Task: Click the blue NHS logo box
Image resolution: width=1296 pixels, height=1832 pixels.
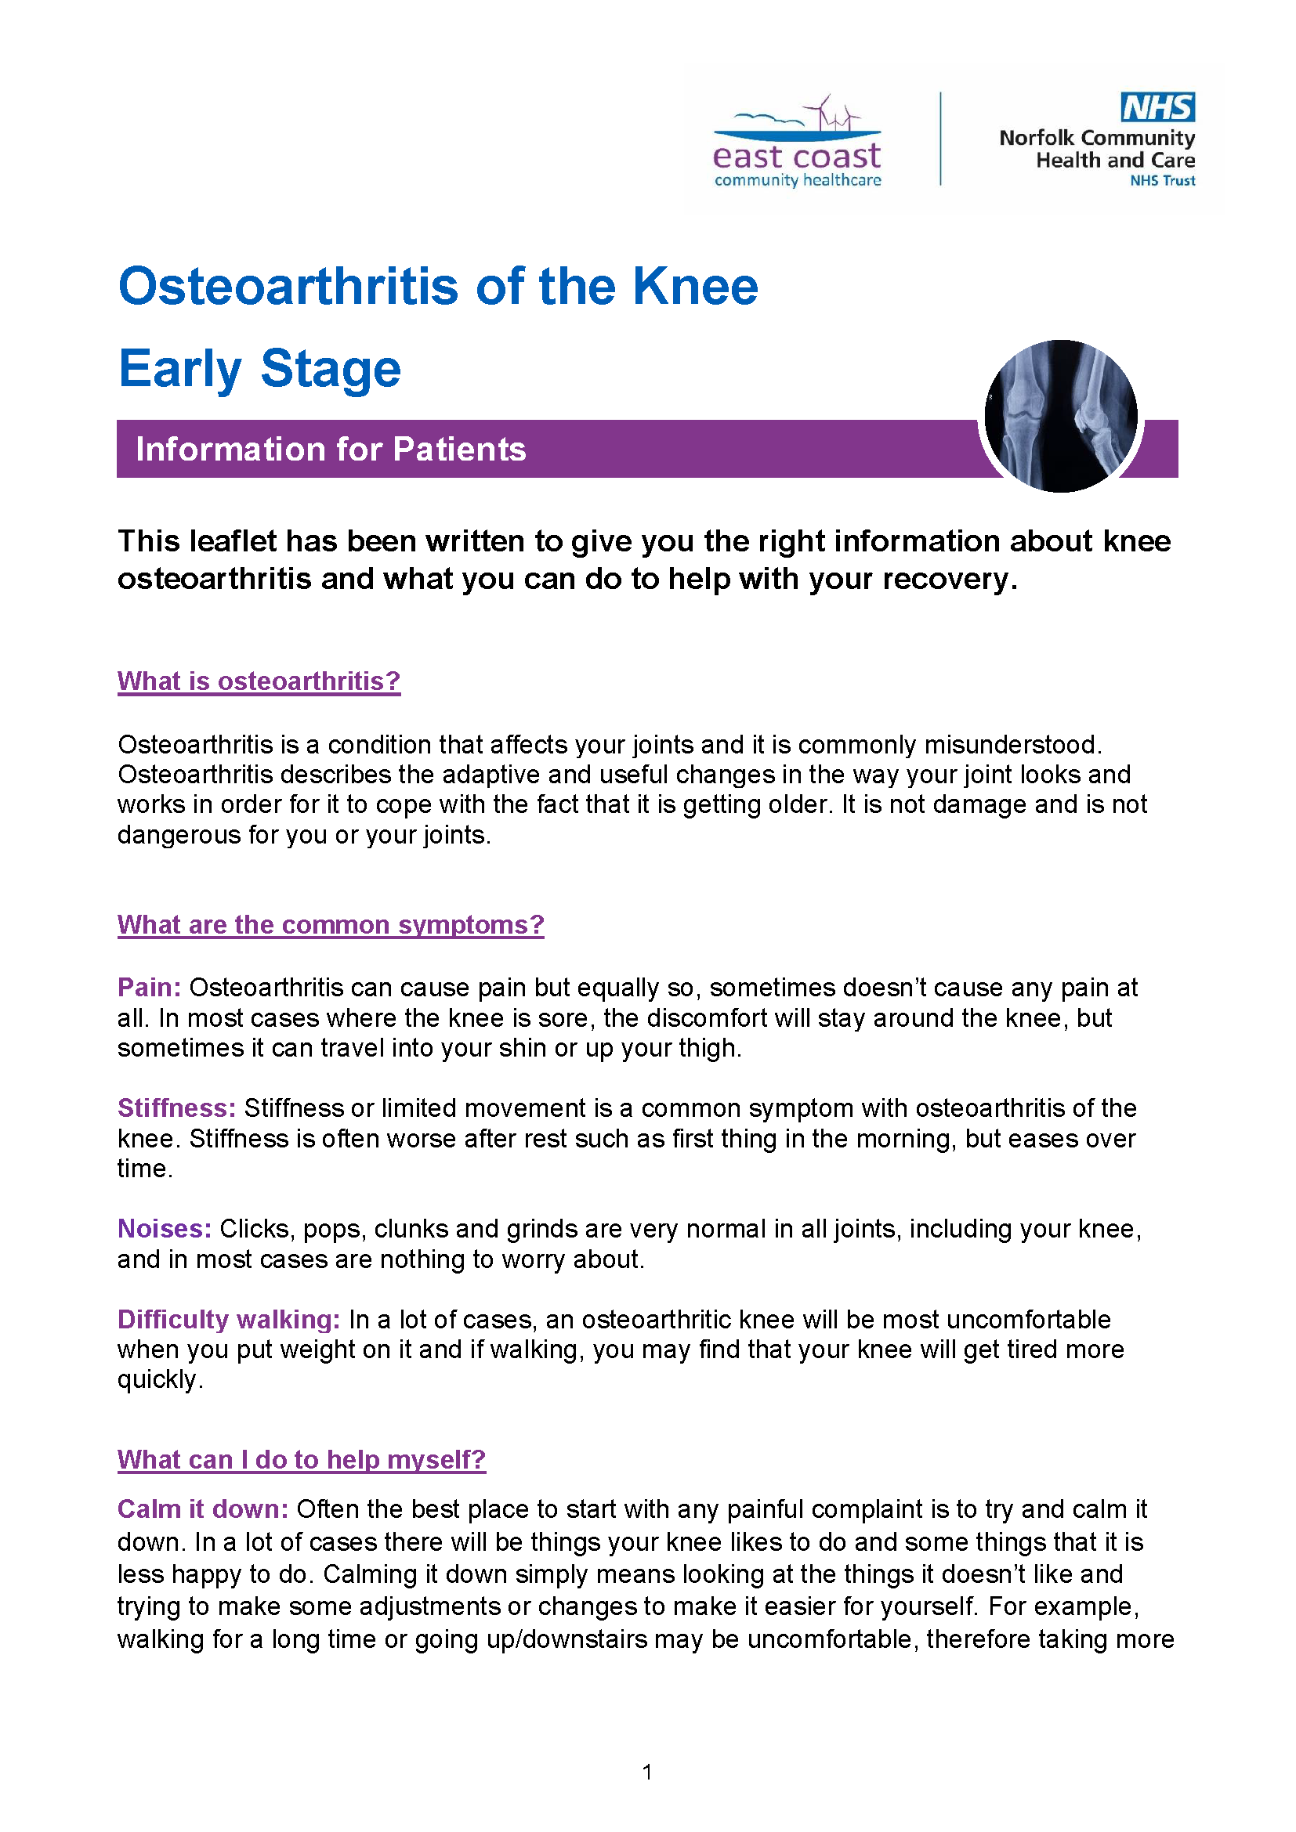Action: [x=1157, y=107]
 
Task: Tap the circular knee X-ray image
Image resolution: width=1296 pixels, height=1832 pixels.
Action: [x=1061, y=415]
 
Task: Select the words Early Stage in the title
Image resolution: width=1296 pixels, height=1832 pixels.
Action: [x=259, y=369]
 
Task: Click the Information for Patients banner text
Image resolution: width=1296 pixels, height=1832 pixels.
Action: [x=331, y=450]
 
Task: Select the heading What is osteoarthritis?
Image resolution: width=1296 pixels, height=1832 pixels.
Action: [x=259, y=681]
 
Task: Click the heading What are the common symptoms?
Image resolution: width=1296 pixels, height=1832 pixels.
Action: [x=331, y=924]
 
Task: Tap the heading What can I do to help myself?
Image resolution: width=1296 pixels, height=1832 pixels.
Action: [x=301, y=1459]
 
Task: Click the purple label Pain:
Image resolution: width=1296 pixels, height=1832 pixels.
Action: [x=149, y=987]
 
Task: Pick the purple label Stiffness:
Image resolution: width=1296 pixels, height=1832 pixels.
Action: [x=176, y=1108]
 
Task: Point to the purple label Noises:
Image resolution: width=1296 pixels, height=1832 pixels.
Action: [x=165, y=1228]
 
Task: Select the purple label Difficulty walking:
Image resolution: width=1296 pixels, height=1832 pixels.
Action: [x=229, y=1319]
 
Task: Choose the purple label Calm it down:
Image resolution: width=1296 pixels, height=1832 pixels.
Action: [x=203, y=1509]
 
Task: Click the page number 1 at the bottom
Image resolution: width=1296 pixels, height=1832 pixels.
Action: [x=647, y=1772]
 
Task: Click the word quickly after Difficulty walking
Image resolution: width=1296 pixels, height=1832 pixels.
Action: [x=159, y=1379]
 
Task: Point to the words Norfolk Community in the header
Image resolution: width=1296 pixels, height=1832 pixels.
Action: [x=1096, y=138]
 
